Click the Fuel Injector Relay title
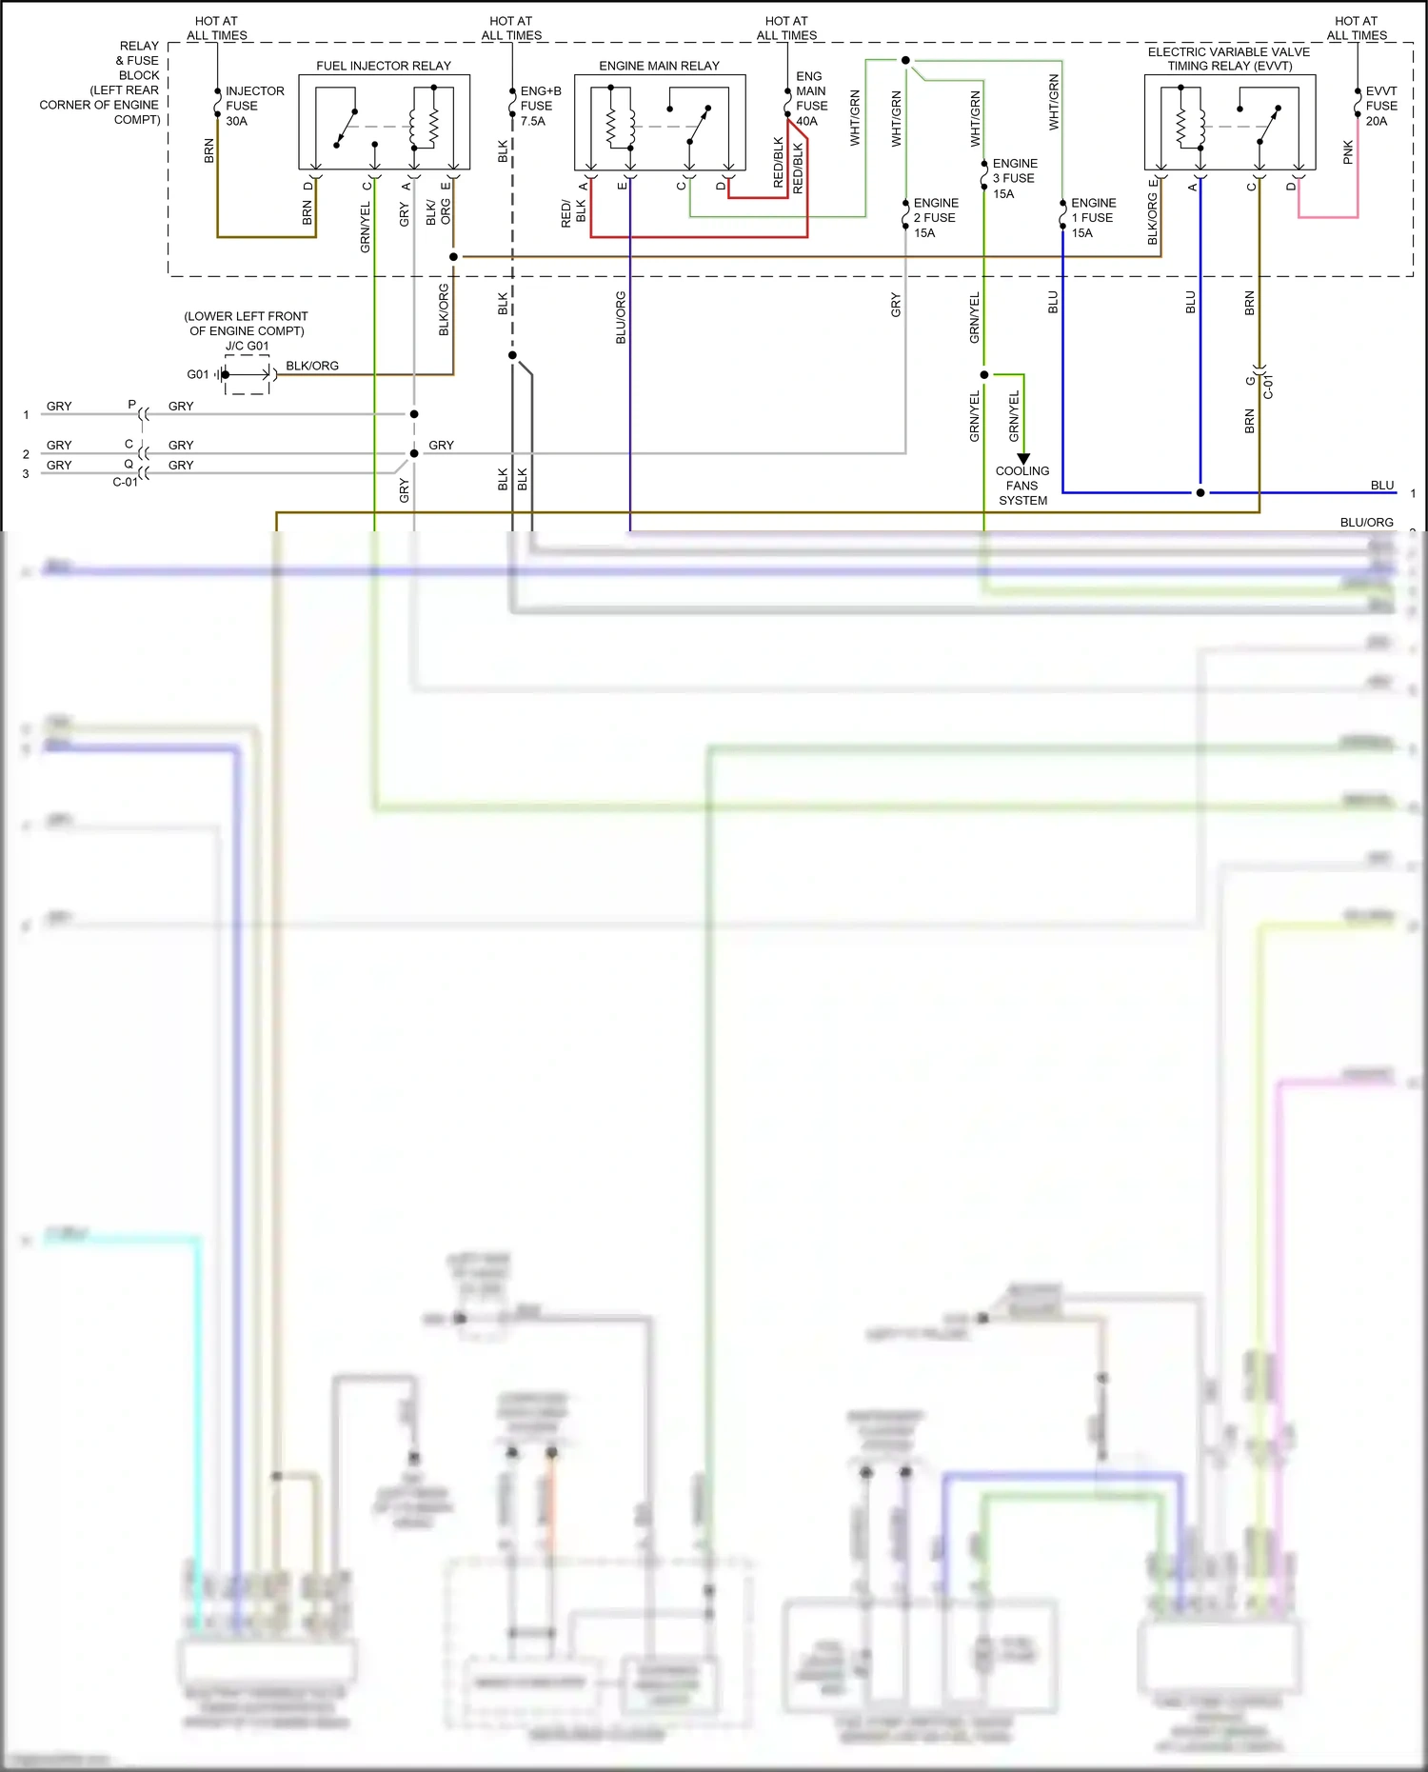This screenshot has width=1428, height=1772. (384, 66)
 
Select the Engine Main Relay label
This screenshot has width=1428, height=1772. (659, 66)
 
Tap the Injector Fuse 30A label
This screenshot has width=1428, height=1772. (254, 106)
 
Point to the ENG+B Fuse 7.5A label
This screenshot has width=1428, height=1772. (540, 106)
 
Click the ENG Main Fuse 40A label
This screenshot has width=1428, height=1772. (811, 98)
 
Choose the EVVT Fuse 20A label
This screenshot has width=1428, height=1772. (1381, 106)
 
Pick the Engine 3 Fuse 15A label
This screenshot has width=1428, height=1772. (1014, 178)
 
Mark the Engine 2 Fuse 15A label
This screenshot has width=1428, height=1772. (935, 217)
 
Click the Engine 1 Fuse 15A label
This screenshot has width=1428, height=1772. (1093, 217)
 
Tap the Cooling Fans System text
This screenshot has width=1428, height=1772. (1022, 486)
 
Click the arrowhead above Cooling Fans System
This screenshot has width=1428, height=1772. (1023, 459)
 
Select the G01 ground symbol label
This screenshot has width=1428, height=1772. (197, 374)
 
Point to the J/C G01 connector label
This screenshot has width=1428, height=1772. (247, 346)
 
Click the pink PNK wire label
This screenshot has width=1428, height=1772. (1348, 152)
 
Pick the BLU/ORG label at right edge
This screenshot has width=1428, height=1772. (1366, 522)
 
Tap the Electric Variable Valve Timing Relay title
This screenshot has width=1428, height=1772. (1228, 59)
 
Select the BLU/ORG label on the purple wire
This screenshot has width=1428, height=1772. (621, 317)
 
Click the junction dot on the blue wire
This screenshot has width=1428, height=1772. (1200, 492)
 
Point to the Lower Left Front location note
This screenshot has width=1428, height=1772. (247, 324)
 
